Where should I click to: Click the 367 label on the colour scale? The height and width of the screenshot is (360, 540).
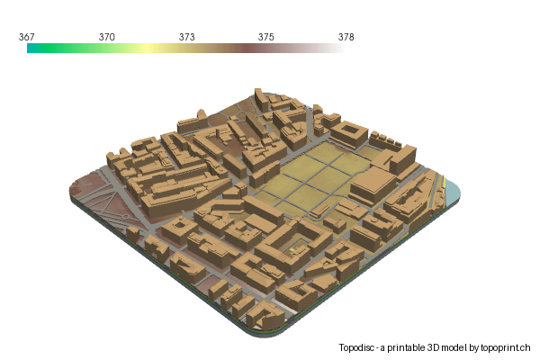[x=27, y=37]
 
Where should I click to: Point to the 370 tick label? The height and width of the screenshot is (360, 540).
[x=106, y=37]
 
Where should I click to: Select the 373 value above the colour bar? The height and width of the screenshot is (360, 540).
[x=186, y=37]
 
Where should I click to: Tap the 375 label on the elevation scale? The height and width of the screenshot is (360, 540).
[x=266, y=37]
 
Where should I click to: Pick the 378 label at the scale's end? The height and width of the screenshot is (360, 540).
[x=346, y=37]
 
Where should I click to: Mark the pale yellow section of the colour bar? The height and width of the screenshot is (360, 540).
[x=144, y=49]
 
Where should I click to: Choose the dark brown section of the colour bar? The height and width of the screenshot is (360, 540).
[x=261, y=49]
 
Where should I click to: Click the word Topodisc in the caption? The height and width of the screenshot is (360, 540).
[x=358, y=347]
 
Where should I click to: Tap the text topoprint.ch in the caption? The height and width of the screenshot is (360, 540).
[x=506, y=347]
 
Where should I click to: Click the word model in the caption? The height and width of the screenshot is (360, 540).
[x=454, y=347]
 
